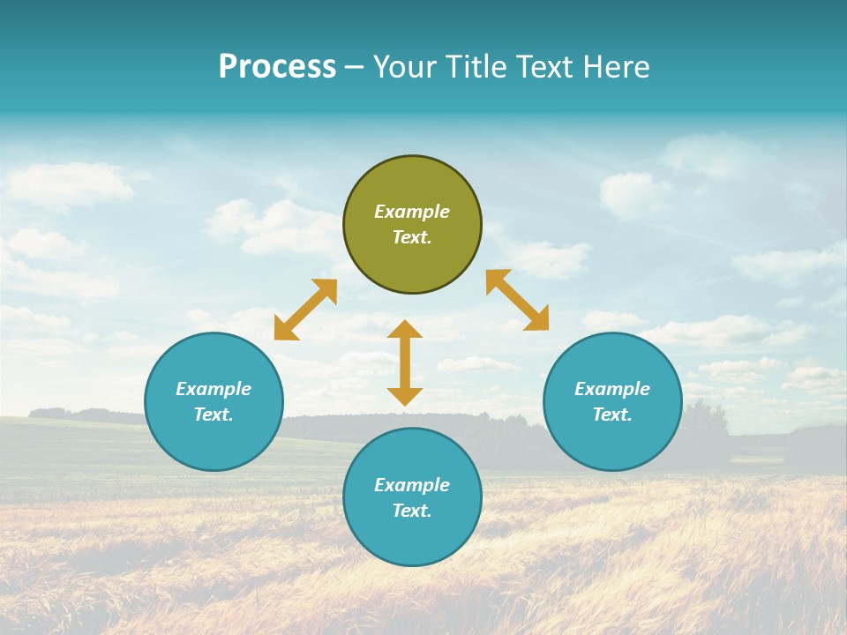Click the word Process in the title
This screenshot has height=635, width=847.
(x=277, y=67)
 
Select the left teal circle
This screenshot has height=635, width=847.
(x=214, y=441)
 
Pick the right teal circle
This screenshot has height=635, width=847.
(x=612, y=441)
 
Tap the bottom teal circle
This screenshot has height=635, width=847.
(x=412, y=538)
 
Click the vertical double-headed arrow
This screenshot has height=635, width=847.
(x=405, y=362)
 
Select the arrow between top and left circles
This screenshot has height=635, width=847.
(x=305, y=310)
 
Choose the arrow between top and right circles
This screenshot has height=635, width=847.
(x=518, y=300)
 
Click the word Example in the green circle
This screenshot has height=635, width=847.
(x=412, y=212)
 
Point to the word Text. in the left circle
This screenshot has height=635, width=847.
(x=214, y=415)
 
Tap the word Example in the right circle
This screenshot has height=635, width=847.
(x=612, y=389)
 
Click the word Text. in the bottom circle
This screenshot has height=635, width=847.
(x=412, y=511)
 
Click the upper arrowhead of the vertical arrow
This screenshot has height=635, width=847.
(x=405, y=330)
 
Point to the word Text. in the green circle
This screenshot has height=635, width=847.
(x=412, y=237)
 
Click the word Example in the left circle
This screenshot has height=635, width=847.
(x=214, y=389)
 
